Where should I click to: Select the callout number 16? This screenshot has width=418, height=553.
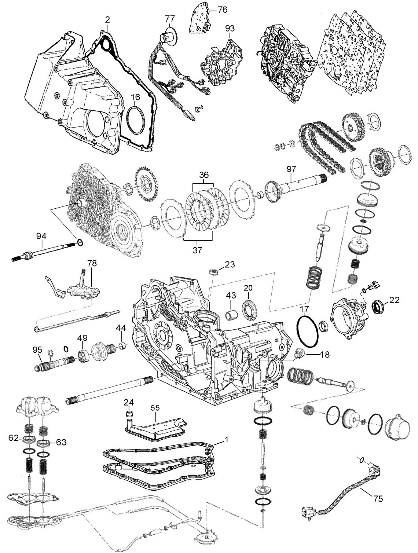pyautogui.click(x=135, y=97)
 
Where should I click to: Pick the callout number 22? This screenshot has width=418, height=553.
pyautogui.click(x=394, y=300)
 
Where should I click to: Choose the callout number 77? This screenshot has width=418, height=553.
pyautogui.click(x=170, y=18)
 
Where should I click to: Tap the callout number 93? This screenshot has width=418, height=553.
pyautogui.click(x=230, y=28)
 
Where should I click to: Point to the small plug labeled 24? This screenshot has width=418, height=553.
pyautogui.click(x=128, y=414)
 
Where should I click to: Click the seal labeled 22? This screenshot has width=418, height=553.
pyautogui.click(x=378, y=305)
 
